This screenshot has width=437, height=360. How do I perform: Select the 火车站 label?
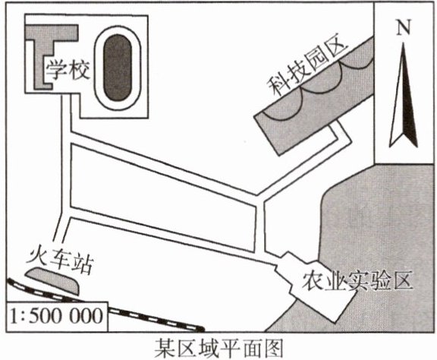click(60, 261)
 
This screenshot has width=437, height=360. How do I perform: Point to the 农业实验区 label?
click(357, 281)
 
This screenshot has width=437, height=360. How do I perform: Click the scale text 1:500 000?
click(57, 317)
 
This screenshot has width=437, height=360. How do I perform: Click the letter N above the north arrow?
click(404, 27)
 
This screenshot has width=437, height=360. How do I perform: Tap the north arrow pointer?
click(404, 95)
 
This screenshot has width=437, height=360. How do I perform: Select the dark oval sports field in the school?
click(118, 68)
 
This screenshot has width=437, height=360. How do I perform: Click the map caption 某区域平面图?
click(218, 348)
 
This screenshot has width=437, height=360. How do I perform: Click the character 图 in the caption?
click(274, 348)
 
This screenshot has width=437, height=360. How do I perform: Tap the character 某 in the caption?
click(165, 348)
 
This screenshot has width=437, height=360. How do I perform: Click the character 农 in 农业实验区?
click(313, 281)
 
